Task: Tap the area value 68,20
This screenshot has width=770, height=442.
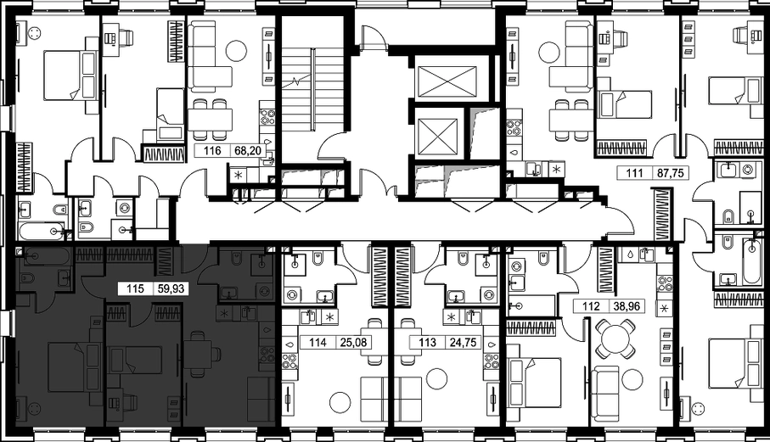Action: [x=247, y=151]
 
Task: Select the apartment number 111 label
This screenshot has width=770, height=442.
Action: [x=634, y=173]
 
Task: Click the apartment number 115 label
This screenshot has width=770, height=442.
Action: [x=135, y=289]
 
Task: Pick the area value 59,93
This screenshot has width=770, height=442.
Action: [x=171, y=289]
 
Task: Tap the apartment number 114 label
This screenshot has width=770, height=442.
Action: [x=318, y=342]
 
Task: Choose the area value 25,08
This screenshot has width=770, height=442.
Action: [x=353, y=342]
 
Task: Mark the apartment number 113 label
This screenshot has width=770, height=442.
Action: [x=428, y=342]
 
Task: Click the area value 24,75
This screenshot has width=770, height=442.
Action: [x=463, y=342]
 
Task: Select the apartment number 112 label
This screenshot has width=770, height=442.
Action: [x=591, y=306]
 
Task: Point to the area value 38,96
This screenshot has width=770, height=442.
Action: [x=627, y=306]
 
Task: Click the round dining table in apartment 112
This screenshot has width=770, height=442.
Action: [x=615, y=339]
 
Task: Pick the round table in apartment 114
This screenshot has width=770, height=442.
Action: [x=340, y=403]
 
